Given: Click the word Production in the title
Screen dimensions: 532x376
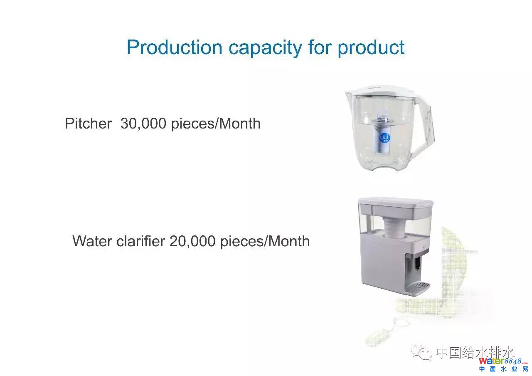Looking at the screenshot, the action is tap(175, 47).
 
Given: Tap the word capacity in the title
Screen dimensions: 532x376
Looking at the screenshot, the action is tap(265, 49).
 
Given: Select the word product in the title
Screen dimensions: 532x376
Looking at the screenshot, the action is tap(371, 49).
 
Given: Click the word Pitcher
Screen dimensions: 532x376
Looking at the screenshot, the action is tap(88, 124).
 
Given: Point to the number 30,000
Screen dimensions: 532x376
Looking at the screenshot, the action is tap(143, 124).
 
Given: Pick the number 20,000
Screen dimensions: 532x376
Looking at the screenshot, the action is tap(192, 241).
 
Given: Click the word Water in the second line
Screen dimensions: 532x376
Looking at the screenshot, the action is tap(92, 241).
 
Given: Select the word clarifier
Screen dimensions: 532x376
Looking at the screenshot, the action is tap(140, 241).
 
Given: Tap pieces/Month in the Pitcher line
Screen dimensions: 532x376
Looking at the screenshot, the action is tap(216, 124).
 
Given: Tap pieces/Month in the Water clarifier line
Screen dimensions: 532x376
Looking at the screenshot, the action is tap(265, 242).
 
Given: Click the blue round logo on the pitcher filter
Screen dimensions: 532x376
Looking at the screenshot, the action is tap(385, 137).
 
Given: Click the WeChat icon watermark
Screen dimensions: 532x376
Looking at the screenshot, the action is tap(421, 351).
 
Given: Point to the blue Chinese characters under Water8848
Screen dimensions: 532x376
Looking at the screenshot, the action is tap(503, 369).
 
